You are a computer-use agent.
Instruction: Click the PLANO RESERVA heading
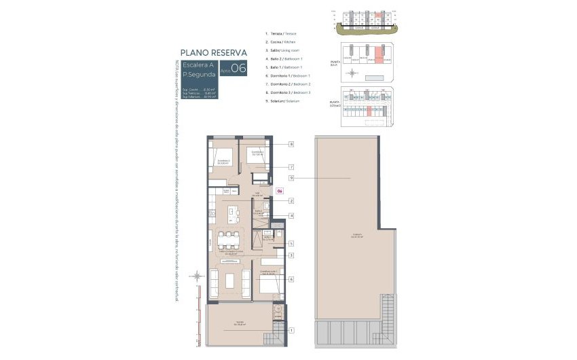213,52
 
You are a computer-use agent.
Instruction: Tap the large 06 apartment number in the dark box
238,67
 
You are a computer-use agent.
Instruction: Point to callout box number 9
291,179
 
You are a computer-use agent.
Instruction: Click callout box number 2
291,201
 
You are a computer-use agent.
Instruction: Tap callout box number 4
291,216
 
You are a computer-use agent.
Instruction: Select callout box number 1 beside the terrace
291,331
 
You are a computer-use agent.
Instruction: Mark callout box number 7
291,166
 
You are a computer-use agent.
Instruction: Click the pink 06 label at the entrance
279,191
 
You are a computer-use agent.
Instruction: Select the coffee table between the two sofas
229,280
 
